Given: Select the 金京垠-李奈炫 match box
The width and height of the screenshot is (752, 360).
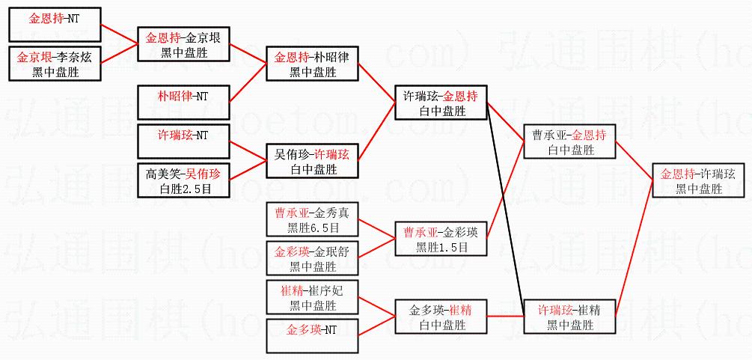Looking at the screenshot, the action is click(54, 64).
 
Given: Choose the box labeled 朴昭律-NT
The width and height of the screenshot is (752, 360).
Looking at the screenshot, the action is click(184, 102).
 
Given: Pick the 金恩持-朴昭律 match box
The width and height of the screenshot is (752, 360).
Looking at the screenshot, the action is click(313, 64).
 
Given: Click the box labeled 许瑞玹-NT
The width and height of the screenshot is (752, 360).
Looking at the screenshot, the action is click(184, 142).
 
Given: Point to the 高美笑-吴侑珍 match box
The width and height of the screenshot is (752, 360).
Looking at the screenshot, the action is click(184, 181).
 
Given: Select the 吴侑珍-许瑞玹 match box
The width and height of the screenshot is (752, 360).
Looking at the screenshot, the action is click(313, 162).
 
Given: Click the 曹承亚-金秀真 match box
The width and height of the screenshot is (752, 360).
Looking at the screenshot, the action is click(313, 220).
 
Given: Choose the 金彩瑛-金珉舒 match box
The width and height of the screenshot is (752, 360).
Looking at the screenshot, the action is click(313, 258).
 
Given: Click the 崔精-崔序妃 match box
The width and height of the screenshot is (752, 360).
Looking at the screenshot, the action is click(313, 297).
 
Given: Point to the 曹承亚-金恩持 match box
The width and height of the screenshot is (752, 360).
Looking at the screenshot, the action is click(570, 142).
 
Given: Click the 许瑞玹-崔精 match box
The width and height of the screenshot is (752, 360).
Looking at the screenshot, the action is click(570, 317).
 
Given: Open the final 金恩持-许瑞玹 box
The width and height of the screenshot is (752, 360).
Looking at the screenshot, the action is click(698, 181).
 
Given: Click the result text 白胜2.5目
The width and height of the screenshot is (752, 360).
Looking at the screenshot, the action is click(184, 190).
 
